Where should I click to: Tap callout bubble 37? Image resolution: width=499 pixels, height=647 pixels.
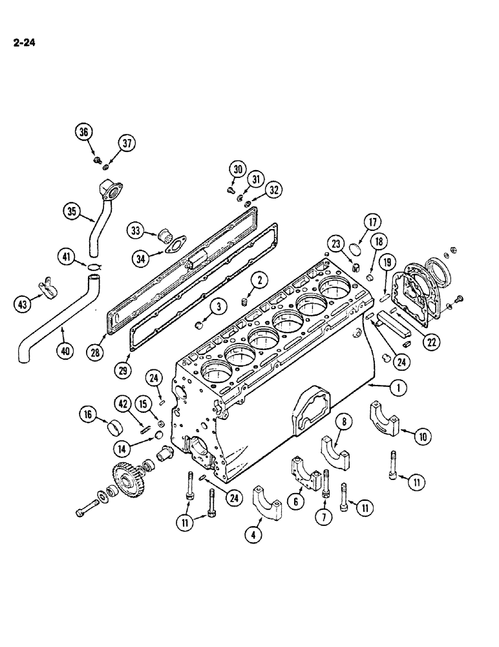tap(126, 144)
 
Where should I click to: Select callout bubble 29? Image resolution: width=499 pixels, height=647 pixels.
tap(125, 369)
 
